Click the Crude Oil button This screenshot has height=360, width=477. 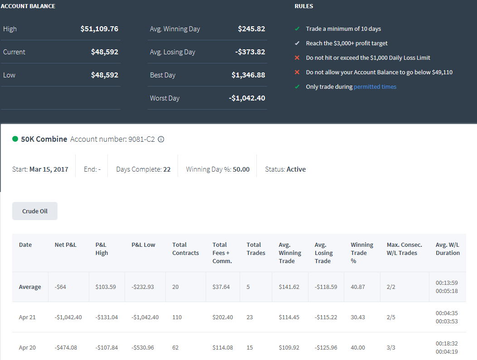35,211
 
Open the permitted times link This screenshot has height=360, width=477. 375,86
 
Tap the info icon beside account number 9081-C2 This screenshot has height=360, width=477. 161,139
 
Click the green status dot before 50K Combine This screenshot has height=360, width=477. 15,139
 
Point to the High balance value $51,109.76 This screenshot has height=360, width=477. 99,29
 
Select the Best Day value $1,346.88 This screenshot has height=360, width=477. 248,75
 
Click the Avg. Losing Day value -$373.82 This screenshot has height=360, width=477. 250,52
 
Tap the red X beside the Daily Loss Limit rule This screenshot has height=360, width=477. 297,58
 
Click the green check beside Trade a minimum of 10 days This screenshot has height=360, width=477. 297,29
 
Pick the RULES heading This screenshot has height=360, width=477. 304,6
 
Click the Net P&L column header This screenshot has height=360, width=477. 65,245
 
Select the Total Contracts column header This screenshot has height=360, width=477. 186,249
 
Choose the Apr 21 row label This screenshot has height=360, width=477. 27,317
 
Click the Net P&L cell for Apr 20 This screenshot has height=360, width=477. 66,347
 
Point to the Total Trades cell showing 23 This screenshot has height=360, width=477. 250,317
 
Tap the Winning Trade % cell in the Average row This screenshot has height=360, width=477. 358,287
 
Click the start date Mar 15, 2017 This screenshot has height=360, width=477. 48,169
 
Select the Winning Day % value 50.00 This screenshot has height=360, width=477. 241,169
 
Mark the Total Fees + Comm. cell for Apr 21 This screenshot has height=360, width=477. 223,317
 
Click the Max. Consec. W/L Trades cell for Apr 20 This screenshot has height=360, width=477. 391,347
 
